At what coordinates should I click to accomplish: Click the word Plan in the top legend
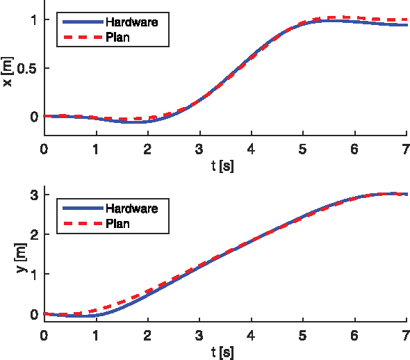tap(117, 38)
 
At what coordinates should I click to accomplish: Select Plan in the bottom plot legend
tap(117, 224)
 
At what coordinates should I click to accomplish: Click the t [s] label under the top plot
tap(224, 166)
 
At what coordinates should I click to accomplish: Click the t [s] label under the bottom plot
tap(224, 352)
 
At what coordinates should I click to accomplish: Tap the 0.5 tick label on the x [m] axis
tap(26, 69)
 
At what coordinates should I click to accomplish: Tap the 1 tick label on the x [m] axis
tap(32, 20)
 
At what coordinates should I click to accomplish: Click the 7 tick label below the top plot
tap(405, 149)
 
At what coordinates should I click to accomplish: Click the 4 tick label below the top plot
tap(251, 149)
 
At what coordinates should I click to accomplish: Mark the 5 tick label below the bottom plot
tap(302, 335)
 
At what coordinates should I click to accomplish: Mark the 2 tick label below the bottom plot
tap(147, 335)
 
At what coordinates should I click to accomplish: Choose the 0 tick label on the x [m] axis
tap(32, 117)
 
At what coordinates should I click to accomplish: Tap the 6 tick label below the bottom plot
tap(354, 335)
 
